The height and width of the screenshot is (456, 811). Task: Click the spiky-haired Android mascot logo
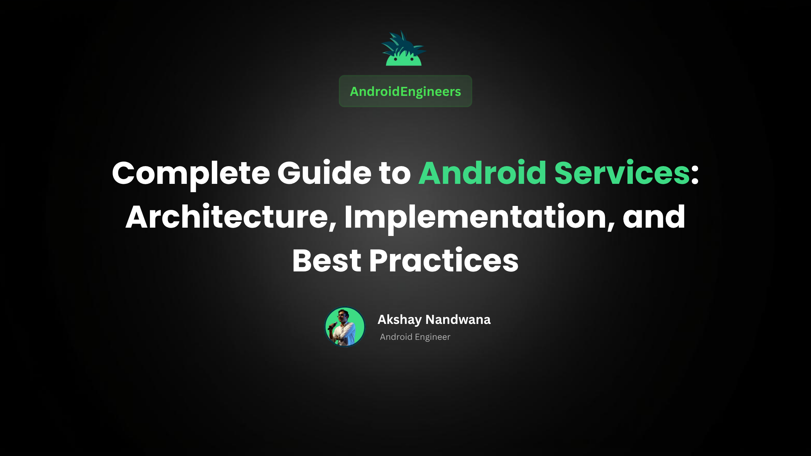click(404, 51)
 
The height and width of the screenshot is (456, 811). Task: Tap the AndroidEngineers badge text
click(405, 92)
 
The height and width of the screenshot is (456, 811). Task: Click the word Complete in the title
click(191, 173)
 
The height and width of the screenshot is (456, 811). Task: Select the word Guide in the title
click(324, 173)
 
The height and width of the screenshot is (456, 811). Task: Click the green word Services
click(622, 173)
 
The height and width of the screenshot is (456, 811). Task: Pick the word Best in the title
click(327, 260)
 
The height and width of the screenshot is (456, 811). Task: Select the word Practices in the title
click(444, 260)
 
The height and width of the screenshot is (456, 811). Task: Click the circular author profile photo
click(345, 327)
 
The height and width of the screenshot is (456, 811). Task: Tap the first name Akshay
click(399, 320)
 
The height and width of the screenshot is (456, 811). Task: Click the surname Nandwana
click(458, 320)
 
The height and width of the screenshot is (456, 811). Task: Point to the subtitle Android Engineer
click(415, 337)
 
